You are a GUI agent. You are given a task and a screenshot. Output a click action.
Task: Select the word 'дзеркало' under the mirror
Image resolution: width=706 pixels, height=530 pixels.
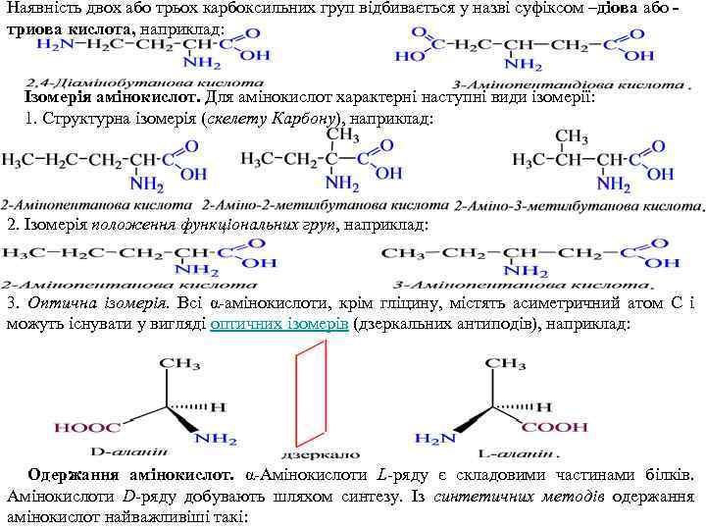point(306,455)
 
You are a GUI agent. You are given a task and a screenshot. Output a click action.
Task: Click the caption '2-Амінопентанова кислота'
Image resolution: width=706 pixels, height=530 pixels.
point(96,207)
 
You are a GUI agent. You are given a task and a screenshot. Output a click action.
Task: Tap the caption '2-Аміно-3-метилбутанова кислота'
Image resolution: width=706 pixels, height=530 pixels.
point(577,207)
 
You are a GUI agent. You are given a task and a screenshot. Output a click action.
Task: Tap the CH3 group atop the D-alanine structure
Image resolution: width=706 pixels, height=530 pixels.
point(179,363)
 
